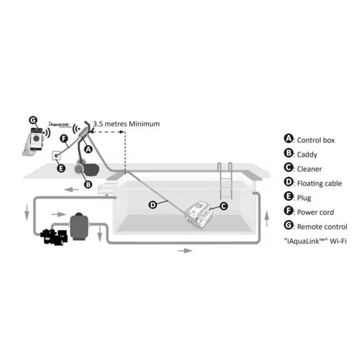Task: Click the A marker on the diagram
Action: tap(88, 149)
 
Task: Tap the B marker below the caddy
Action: tap(87, 184)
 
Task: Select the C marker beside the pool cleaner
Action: tap(223, 206)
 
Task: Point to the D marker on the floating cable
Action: tap(153, 205)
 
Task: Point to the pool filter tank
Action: tap(79, 227)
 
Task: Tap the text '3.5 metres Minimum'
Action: tap(126, 124)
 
